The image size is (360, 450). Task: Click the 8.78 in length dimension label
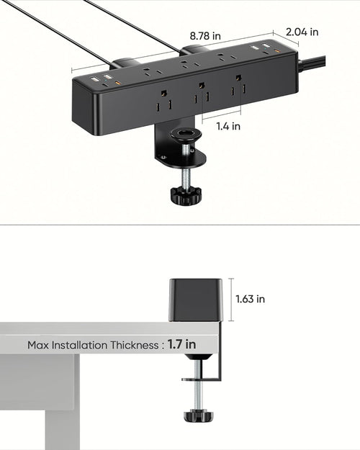tap(206, 35)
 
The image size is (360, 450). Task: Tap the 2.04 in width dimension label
tap(302, 32)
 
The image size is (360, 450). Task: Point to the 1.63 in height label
tap(251, 299)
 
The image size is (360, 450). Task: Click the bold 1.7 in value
tap(181, 344)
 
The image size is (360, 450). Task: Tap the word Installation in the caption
tap(77, 345)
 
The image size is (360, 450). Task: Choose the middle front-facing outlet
tap(201, 93)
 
